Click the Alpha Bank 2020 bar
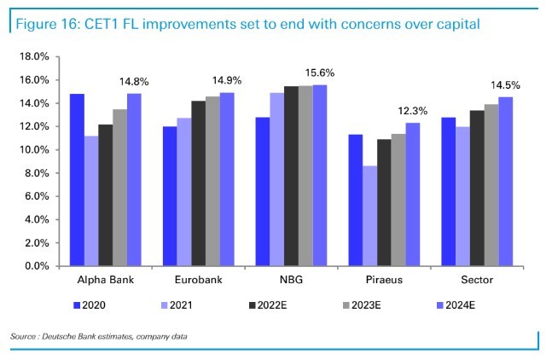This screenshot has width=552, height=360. click(x=77, y=180)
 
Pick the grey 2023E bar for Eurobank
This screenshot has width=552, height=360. click(x=212, y=182)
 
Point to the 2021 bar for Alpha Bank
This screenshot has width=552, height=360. click(x=91, y=201)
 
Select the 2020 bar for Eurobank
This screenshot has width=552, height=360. click(x=170, y=196)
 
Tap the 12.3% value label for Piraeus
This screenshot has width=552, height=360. click(x=411, y=112)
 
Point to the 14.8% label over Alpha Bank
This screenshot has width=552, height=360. click(x=134, y=83)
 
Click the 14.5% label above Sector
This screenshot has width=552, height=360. click(x=505, y=86)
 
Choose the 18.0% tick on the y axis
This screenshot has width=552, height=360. click(x=32, y=57)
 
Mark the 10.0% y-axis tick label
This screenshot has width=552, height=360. click(x=32, y=150)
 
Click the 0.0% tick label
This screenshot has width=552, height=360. click(x=36, y=266)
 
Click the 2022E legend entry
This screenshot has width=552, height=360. click(x=268, y=304)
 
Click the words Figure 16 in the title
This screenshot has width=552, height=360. click(x=47, y=24)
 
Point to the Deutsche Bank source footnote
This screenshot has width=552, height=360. click(x=99, y=339)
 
